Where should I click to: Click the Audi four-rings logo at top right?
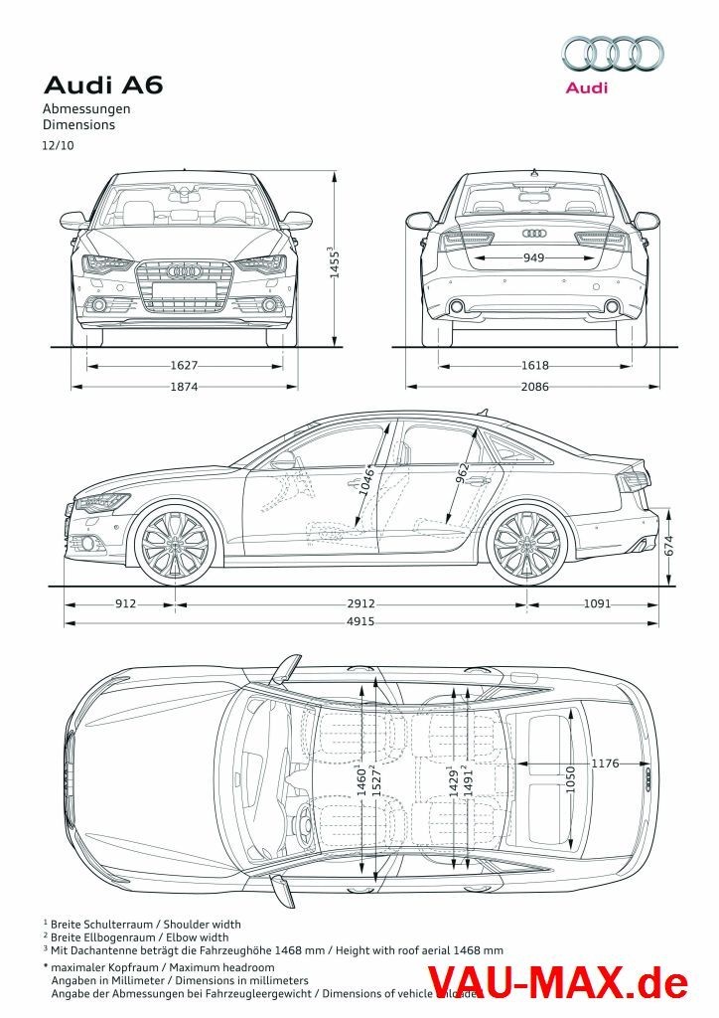[x=613, y=53]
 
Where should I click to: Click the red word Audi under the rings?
[x=586, y=87]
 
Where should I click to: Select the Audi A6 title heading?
[x=102, y=85]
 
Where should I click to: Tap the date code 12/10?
[x=58, y=145]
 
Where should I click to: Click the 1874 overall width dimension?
[x=184, y=386]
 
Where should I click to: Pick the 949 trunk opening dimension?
[x=534, y=258]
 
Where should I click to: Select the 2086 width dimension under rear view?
[x=534, y=386]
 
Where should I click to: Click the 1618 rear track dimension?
[x=534, y=366]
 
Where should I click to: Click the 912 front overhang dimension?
[x=126, y=603]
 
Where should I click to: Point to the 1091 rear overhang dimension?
[x=597, y=603]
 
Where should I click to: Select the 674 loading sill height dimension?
[x=670, y=546]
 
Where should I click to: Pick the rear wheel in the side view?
[x=527, y=545]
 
